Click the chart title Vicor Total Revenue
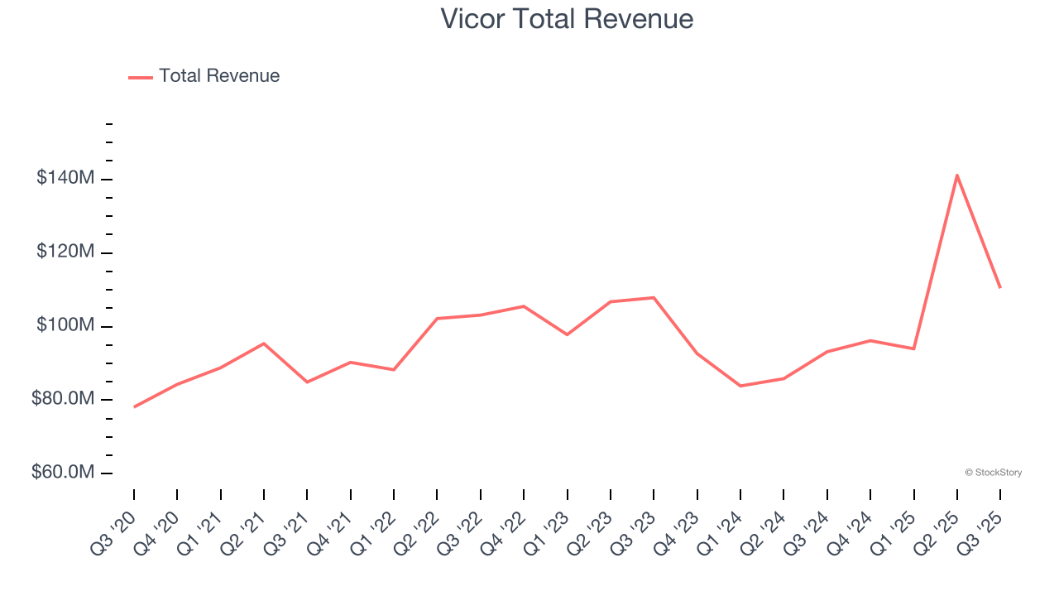point(567,18)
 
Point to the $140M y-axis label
point(65,178)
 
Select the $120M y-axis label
point(65,252)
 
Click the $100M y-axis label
point(65,325)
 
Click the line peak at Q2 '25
point(957,175)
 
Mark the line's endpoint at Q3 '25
point(1000,287)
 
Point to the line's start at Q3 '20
point(134,406)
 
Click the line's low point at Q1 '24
point(740,386)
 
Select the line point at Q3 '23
point(654,297)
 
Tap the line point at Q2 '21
point(264,343)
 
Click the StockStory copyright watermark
point(993,473)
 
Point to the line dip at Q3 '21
point(307,382)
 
